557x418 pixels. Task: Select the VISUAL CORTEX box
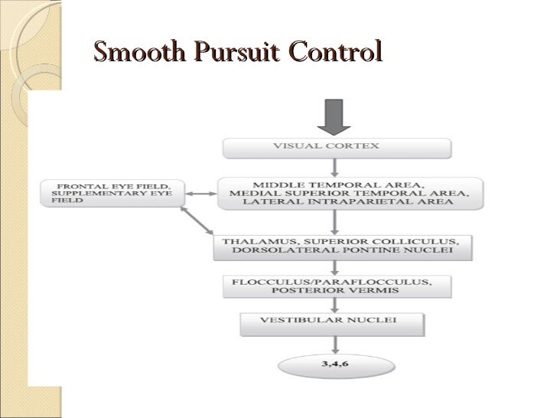click(x=337, y=147)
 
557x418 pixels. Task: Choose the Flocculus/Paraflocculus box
click(x=337, y=286)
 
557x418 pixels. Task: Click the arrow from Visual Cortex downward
click(x=335, y=167)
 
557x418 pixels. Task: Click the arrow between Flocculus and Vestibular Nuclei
click(x=334, y=305)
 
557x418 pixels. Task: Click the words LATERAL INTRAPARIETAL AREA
click(x=347, y=203)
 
